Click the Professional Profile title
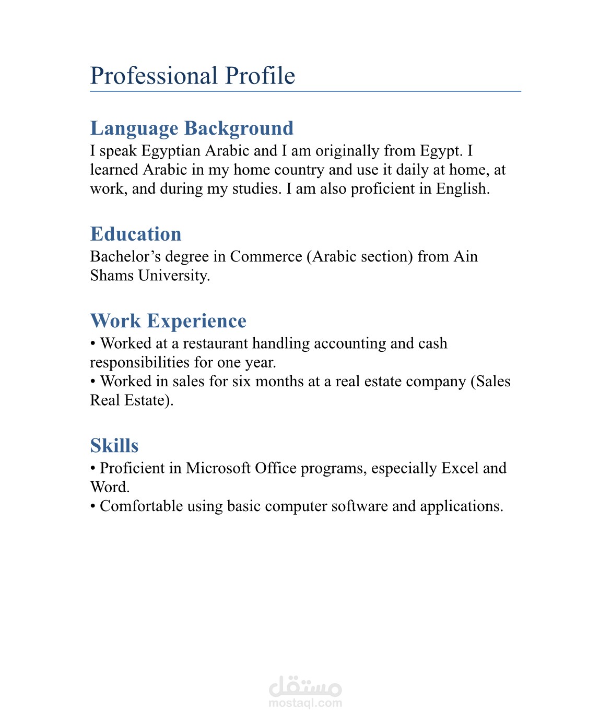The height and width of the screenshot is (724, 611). click(x=192, y=76)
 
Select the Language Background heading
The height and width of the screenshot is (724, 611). click(x=192, y=128)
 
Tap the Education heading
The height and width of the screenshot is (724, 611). click(x=136, y=234)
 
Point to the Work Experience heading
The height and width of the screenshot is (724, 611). click(x=168, y=321)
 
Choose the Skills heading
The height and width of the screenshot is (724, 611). click(x=114, y=446)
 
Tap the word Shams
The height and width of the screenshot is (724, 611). click(x=112, y=276)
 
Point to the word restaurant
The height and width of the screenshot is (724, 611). click(x=215, y=343)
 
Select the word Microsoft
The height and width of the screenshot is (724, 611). click(x=218, y=468)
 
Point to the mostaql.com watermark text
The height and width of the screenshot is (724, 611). click(x=305, y=703)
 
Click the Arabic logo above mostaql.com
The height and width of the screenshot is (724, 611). click(x=305, y=686)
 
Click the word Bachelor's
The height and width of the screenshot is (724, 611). click(x=125, y=257)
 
